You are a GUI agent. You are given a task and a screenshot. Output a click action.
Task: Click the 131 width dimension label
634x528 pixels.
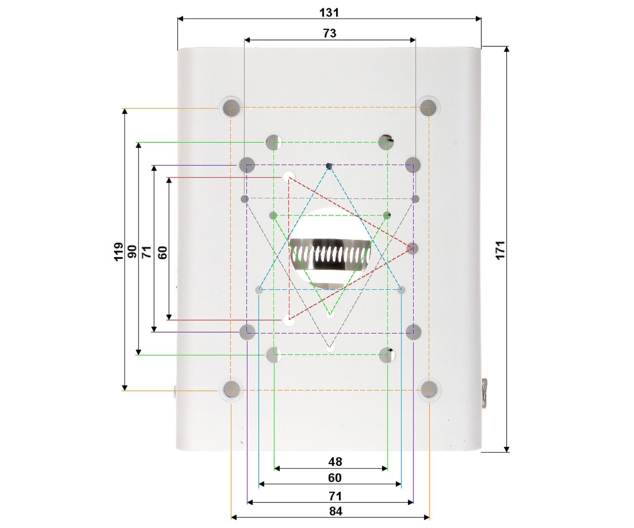click(x=329, y=13)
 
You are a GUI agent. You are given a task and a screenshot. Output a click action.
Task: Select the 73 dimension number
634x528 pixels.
click(x=330, y=33)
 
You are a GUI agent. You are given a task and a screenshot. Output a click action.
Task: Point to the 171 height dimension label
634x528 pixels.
click(x=501, y=251)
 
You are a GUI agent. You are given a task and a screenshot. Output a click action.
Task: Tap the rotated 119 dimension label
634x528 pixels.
click(x=119, y=251)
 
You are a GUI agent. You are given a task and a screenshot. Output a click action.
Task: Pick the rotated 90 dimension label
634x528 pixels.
click(x=132, y=252)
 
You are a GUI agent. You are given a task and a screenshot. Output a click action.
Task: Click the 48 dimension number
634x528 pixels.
click(x=335, y=461)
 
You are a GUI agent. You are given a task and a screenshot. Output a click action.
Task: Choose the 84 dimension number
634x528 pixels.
click(x=336, y=511)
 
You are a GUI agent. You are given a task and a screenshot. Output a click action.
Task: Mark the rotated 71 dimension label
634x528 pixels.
click(x=147, y=252)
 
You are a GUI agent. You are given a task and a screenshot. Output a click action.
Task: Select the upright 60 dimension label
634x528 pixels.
click(x=335, y=478)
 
